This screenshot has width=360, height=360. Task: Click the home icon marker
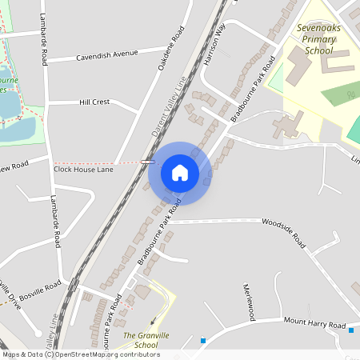click(180, 172)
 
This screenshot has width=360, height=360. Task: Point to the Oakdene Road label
click(171, 49)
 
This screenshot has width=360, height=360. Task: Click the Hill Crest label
click(94, 102)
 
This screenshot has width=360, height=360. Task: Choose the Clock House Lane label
click(83, 170)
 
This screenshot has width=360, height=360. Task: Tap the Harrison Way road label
click(214, 49)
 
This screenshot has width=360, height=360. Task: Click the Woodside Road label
click(285, 233)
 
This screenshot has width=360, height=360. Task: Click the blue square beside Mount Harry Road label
click(352, 328)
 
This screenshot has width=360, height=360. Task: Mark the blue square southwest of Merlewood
click(203, 341)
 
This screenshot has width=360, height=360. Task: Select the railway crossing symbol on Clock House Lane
click(147, 162)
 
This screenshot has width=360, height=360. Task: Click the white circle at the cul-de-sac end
click(38, 333)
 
